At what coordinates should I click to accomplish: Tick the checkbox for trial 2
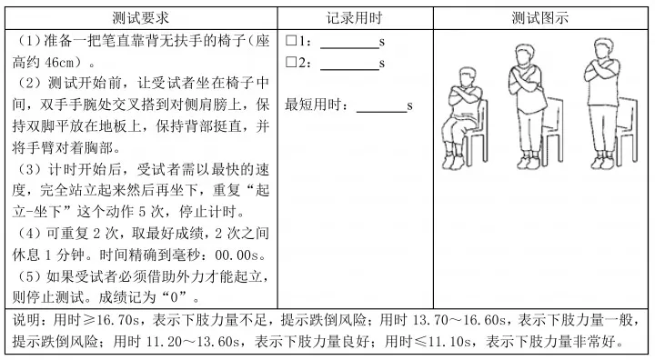pos(291,63)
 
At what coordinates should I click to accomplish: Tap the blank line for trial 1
pos(348,45)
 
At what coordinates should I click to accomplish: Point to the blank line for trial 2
pos(348,66)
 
